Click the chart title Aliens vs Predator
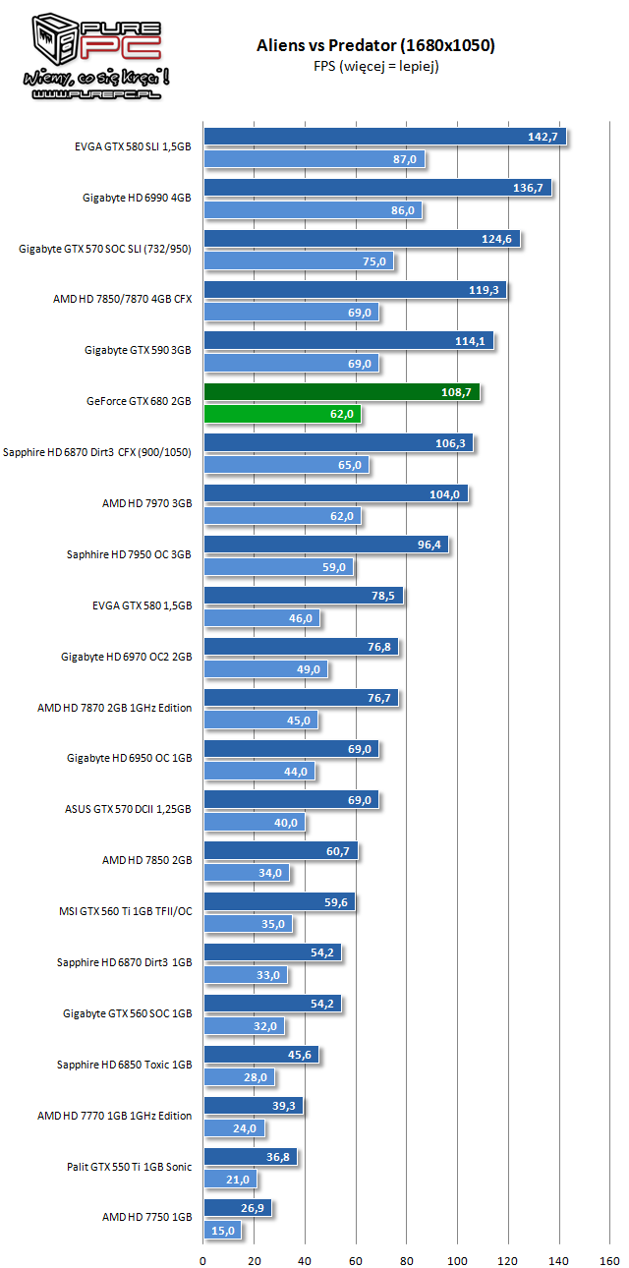point(375,45)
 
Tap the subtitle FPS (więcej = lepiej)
point(375,66)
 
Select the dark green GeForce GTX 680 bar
point(341,392)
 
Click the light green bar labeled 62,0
point(282,414)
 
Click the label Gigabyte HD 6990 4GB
point(137,198)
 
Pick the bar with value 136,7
point(377,188)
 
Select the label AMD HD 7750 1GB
point(146,1216)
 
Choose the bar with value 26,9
point(237,1208)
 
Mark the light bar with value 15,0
point(222,1230)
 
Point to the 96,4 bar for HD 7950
point(326,546)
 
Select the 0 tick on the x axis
point(203,1259)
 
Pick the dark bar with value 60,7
point(280,852)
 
